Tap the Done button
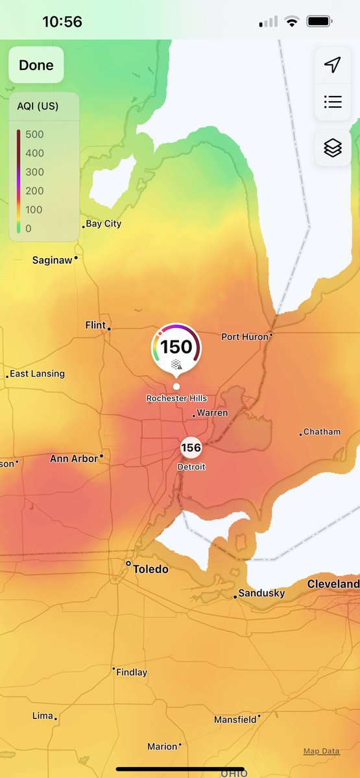pyautogui.click(x=36, y=65)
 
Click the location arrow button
pyautogui.click(x=333, y=65)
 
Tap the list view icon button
pyautogui.click(x=333, y=102)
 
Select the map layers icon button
pyautogui.click(x=333, y=148)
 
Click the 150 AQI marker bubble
pyautogui.click(x=176, y=348)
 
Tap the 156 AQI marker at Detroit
pyautogui.click(x=191, y=447)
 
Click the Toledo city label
pyautogui.click(x=150, y=569)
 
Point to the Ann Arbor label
pyautogui.click(x=74, y=458)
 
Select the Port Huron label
pyautogui.click(x=245, y=336)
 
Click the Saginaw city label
pyautogui.click(x=53, y=260)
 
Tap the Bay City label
pyautogui.click(x=104, y=224)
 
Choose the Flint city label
pyautogui.click(x=95, y=325)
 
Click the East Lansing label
pyautogui.click(x=37, y=374)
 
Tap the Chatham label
pyautogui.click(x=322, y=432)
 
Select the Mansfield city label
pyautogui.click(x=235, y=720)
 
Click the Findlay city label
pyautogui.click(x=132, y=672)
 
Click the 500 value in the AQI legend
pyautogui.click(x=34, y=135)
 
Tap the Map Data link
pyautogui.click(x=321, y=751)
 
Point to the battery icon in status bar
pyautogui.click(x=319, y=21)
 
